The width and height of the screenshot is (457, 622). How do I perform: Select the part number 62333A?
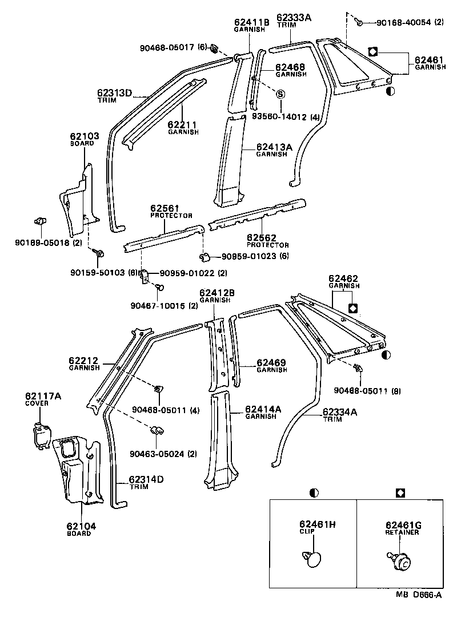(294, 18)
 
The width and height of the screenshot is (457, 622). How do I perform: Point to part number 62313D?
(114, 92)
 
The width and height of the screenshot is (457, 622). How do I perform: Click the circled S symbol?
(281, 93)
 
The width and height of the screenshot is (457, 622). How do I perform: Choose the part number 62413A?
(274, 147)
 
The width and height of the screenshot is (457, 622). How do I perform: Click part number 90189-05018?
(43, 243)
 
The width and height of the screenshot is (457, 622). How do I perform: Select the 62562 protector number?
(262, 237)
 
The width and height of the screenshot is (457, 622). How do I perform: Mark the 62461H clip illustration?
(311, 558)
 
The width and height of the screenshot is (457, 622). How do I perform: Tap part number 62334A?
(340, 411)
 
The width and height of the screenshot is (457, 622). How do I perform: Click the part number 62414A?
(263, 409)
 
